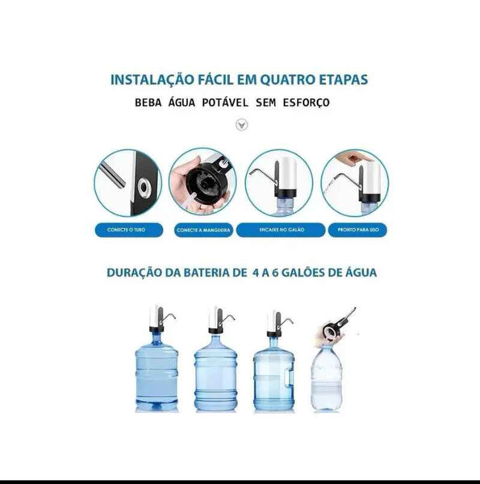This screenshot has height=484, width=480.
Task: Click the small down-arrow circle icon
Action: (x=240, y=125)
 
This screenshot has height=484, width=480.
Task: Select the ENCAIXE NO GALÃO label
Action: (x=279, y=230)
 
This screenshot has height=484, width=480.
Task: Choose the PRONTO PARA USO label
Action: (x=355, y=230)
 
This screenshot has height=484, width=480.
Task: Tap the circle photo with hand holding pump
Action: (x=202, y=181)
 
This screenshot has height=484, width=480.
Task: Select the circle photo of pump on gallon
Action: (x=279, y=181)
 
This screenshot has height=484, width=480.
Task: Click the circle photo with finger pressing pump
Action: (x=355, y=181)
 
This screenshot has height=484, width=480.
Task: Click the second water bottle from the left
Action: (x=216, y=375)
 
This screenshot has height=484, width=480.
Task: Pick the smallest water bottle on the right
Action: (x=326, y=379)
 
